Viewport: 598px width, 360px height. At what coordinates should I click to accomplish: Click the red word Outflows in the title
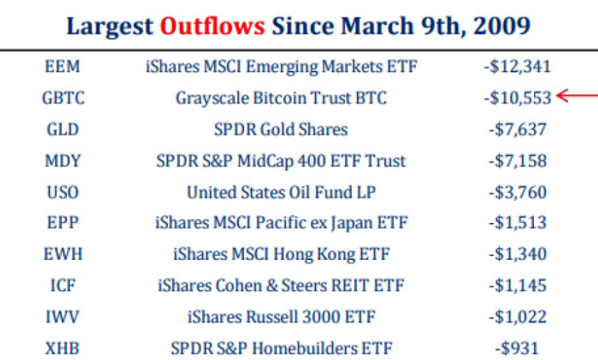click(212, 26)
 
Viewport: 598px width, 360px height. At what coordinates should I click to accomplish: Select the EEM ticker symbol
click(63, 67)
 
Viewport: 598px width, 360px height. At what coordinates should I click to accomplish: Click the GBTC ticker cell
click(63, 98)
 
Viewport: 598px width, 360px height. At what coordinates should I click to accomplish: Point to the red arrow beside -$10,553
click(577, 96)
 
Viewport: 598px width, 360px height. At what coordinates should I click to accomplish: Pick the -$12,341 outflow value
click(517, 67)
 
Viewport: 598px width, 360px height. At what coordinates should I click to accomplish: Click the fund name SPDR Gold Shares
click(281, 130)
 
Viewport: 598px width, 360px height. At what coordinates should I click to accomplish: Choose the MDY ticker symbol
click(63, 160)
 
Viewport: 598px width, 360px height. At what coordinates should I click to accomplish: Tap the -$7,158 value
click(517, 160)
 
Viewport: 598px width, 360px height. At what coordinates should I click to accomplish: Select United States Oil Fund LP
click(281, 192)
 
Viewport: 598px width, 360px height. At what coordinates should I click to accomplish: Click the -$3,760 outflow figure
click(517, 192)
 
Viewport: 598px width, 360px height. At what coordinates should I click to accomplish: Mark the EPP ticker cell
click(63, 223)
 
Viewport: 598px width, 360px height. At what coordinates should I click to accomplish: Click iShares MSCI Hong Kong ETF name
click(282, 255)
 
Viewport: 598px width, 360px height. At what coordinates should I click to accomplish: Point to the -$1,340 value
click(517, 254)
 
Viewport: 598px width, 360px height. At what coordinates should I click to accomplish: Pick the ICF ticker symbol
click(63, 285)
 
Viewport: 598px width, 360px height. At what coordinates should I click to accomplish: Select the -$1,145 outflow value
click(517, 285)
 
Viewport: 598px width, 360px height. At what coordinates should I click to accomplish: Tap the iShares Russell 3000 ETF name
click(282, 317)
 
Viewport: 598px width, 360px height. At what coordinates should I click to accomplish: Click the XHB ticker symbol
click(63, 348)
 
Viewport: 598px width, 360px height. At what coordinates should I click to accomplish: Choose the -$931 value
click(517, 348)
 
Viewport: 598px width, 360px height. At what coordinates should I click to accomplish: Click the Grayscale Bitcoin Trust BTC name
click(281, 99)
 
